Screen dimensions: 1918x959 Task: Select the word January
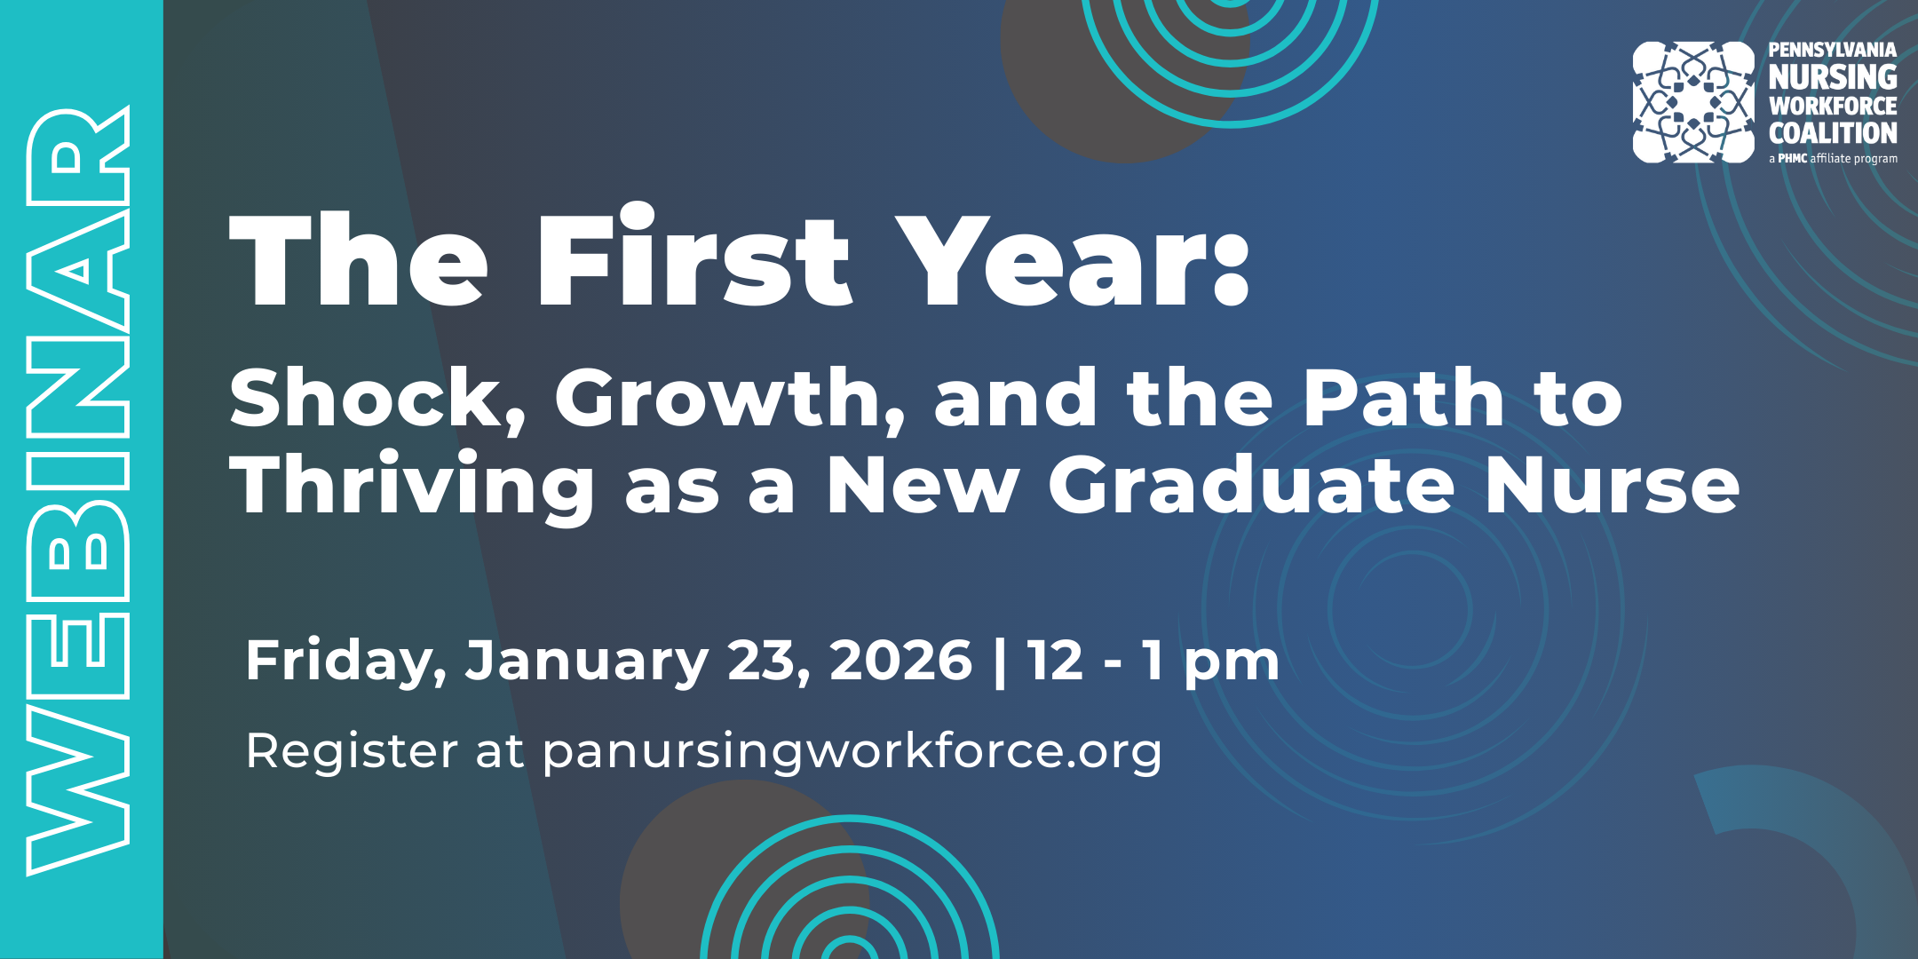586,662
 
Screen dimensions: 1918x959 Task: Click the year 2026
900,661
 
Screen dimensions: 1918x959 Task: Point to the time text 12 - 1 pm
1153,662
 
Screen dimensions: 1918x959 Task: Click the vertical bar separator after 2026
1000,662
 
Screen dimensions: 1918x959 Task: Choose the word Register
352,752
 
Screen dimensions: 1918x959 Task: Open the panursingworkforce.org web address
852,752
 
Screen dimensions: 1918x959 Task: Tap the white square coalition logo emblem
1693,102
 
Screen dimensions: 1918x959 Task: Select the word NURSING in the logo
1833,77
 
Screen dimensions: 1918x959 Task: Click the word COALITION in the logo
1833,133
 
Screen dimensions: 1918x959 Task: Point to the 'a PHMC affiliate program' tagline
1833,159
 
